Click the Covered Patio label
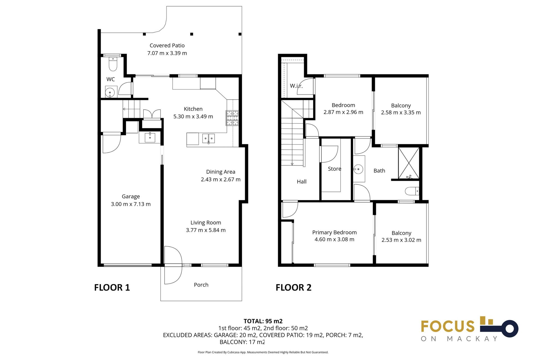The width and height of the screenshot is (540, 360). coord(167,46)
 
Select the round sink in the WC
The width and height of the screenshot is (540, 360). coord(110,92)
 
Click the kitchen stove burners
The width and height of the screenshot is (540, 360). coord(232,118)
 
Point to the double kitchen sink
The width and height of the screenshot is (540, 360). coord(208,138)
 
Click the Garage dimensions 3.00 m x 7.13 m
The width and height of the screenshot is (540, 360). coord(131,204)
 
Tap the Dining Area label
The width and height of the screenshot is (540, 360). coord(220,172)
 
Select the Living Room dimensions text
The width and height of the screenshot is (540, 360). coord(206,230)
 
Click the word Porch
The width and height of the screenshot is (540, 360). coord(201,285)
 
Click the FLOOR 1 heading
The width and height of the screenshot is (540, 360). coord(112,287)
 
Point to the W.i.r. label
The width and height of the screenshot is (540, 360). coord(296,86)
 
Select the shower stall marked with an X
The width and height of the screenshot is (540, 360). coord(409,163)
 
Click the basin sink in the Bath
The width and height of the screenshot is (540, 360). coord(358,169)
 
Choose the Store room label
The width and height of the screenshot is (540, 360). coord(334,169)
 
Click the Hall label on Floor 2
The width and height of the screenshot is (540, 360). coord(301,182)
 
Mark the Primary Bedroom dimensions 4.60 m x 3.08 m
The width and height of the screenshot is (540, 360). coord(334,239)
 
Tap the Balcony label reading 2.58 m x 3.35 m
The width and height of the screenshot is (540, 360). coord(401,109)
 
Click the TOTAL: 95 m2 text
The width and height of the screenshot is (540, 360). coord(263,321)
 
